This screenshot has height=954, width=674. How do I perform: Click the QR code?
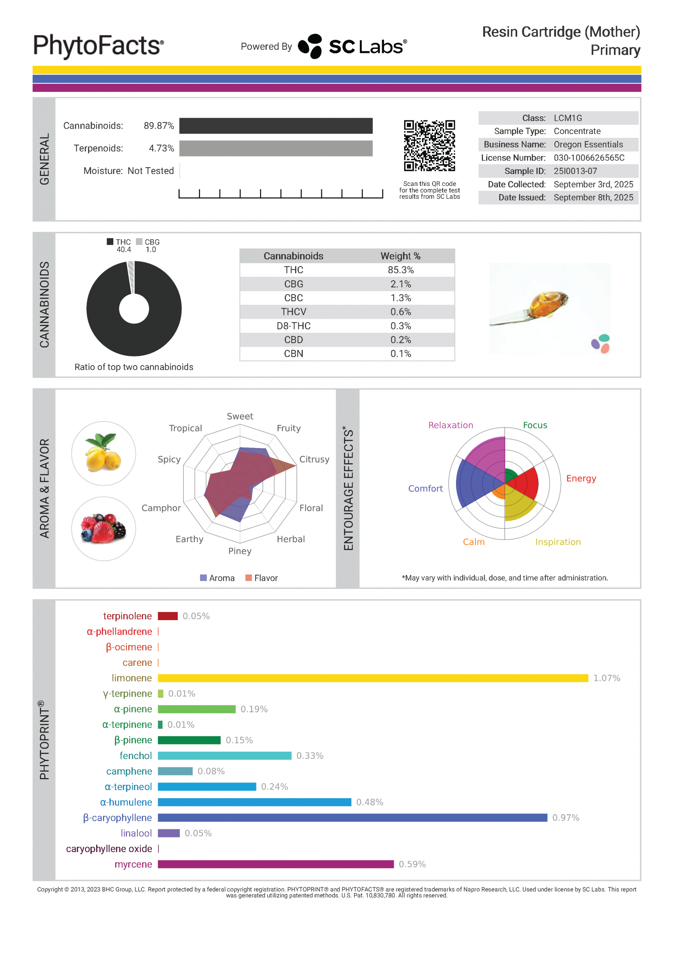pos(429,145)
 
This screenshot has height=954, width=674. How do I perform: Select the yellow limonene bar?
pos(373,678)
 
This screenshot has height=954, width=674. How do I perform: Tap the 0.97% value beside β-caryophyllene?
pos(565,818)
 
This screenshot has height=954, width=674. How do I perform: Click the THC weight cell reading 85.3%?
pos(401,270)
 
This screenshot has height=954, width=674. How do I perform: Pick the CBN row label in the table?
pos(293,354)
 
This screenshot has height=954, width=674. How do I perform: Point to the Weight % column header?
pos(400,256)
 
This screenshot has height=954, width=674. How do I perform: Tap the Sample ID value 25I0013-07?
pos(575,171)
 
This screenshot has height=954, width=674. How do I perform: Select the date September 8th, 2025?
pos(593,198)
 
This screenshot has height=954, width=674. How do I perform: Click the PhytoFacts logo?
pos(98,46)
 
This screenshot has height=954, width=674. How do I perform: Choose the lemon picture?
pos(104,453)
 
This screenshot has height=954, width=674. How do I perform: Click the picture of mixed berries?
pos(104,528)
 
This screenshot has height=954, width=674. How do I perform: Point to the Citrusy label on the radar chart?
pos(314,459)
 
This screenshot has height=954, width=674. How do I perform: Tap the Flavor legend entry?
pos(262,578)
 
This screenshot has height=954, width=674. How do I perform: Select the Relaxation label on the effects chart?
pos(450,425)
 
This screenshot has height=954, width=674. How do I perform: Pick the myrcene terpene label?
pos(133,864)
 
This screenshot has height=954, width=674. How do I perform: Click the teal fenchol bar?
pos(224,756)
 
